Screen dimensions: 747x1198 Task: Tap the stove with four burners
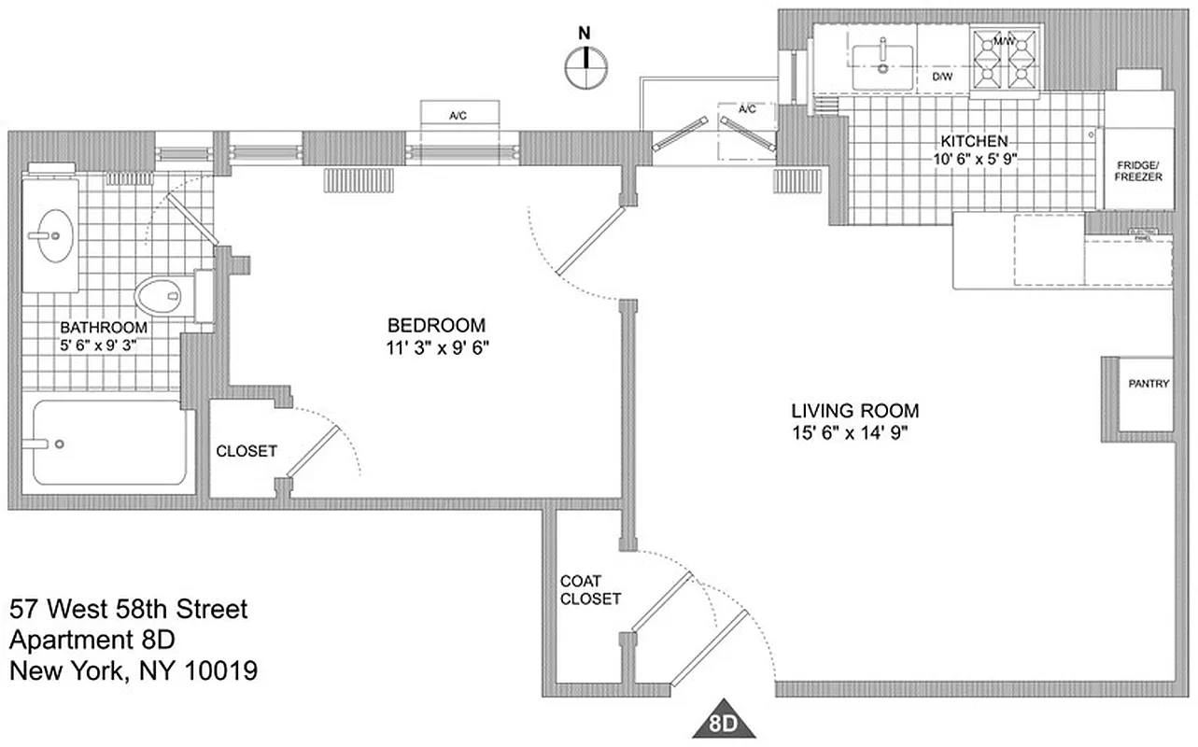click(x=1005, y=61)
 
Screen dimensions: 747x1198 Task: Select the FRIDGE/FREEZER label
click(x=1138, y=170)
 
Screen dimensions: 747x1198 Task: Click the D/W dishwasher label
click(x=942, y=78)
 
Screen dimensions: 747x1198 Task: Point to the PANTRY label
click(x=1148, y=383)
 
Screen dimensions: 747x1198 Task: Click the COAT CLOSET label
click(x=590, y=589)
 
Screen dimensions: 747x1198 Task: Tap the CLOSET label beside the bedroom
click(x=247, y=451)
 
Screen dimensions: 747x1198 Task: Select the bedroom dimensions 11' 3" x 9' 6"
click(x=437, y=347)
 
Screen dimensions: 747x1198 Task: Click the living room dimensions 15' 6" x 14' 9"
click(x=854, y=431)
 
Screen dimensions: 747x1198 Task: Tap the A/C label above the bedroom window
click(x=458, y=117)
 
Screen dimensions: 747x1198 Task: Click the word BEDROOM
click(x=437, y=326)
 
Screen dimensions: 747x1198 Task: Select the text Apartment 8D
click(x=92, y=640)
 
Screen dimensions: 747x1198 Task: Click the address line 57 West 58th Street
click(x=129, y=610)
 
